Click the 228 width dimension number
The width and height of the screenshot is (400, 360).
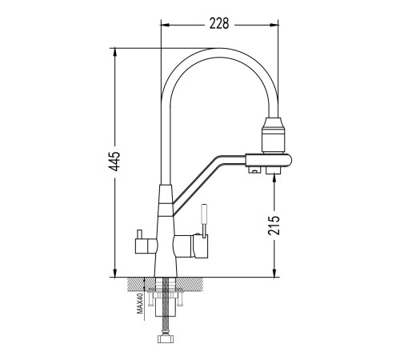[219, 23]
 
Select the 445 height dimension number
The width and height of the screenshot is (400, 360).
[115, 162]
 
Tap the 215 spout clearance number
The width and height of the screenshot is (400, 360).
[274, 226]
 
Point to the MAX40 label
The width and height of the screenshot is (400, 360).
[140, 302]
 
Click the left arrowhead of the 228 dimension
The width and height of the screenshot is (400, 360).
[166, 26]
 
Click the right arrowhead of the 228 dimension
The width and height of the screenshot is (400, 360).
[274, 26]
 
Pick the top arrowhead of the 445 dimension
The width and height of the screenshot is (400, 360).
[115, 52]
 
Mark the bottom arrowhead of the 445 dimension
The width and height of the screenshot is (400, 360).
[115, 273]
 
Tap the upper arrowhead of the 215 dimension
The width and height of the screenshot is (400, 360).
[274, 180]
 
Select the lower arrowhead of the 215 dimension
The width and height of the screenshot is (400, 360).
[274, 273]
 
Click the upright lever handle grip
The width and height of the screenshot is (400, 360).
[204, 214]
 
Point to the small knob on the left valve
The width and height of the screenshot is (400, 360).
[138, 234]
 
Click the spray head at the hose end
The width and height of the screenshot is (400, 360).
[273, 135]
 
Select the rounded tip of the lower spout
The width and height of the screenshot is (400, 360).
[288, 160]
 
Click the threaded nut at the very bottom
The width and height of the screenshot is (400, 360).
[166, 339]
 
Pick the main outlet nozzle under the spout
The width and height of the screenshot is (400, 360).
[274, 170]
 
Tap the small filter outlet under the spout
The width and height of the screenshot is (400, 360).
[254, 170]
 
